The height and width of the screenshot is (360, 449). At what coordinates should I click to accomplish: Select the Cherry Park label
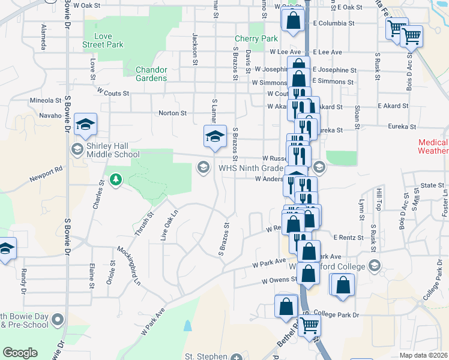(256, 39)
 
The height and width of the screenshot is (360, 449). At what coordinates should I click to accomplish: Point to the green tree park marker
(115, 179)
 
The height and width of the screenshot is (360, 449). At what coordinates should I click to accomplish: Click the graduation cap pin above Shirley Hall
(86, 124)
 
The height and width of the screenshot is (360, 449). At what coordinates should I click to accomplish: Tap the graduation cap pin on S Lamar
(214, 136)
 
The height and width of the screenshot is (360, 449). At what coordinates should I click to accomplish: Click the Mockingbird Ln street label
(128, 265)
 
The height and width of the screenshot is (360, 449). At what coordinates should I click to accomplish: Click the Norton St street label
(173, 113)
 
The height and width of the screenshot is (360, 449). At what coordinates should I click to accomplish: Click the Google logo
(20, 353)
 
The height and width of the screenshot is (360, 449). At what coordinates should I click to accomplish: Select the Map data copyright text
(424, 355)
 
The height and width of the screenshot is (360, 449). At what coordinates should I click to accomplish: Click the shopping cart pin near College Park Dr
(310, 325)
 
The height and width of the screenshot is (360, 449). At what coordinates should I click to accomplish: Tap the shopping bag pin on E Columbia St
(292, 20)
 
